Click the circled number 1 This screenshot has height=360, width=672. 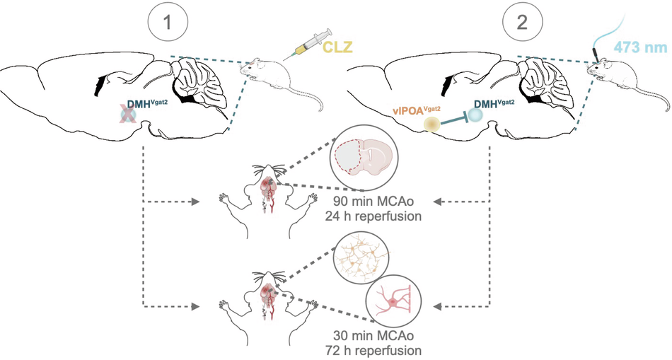(x=167, y=21)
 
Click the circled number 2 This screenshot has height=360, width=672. (x=522, y=21)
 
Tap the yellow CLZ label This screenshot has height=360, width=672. (x=337, y=46)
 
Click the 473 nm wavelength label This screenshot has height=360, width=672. (x=640, y=47)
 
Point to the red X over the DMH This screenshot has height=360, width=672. (x=127, y=115)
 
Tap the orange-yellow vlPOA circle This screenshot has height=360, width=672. (x=432, y=124)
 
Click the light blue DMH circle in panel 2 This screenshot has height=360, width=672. (x=475, y=115)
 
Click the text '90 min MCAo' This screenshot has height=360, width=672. (x=373, y=201)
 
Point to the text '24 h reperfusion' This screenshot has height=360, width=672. (x=373, y=216)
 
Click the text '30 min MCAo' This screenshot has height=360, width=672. (x=373, y=335)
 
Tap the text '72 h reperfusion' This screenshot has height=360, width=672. (x=373, y=349)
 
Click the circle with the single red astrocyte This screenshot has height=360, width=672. (x=393, y=302)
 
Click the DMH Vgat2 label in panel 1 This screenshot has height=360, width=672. (x=145, y=105)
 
